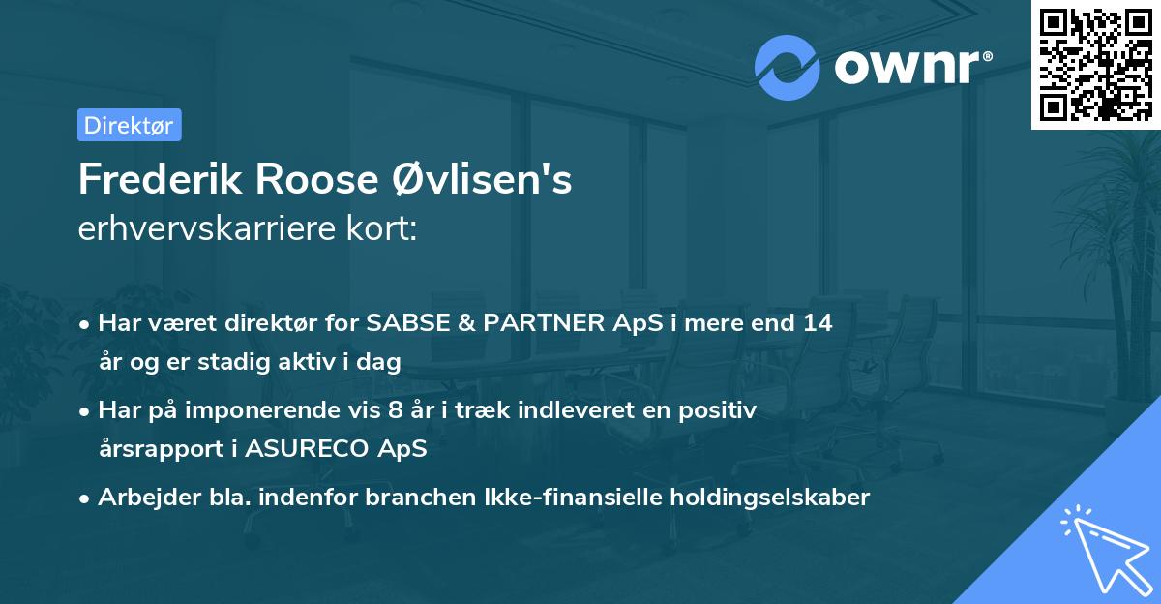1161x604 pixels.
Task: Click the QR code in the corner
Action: [x=1095, y=65]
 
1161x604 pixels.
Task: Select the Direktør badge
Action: [x=129, y=125]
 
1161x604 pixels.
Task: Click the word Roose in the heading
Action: [x=302, y=181]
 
